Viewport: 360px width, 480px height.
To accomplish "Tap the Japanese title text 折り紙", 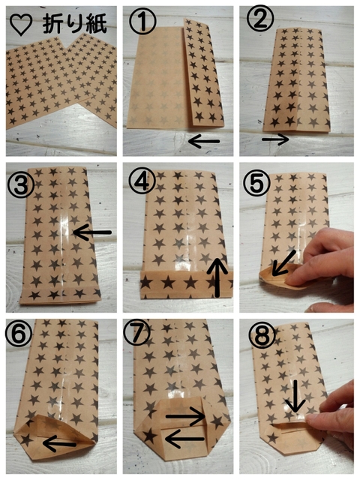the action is (75, 24).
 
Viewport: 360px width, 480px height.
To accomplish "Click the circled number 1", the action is (142, 21).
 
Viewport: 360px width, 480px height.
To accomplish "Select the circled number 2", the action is (260, 18).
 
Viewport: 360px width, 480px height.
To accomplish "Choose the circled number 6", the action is (18, 334).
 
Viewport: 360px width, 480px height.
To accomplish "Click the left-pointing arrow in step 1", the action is (204, 141).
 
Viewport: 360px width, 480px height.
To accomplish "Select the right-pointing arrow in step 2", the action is (275, 139).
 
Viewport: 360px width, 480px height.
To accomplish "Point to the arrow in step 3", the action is (92, 232).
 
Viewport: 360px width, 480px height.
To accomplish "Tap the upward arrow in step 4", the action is (217, 277).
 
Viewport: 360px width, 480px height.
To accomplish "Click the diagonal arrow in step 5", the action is (283, 262).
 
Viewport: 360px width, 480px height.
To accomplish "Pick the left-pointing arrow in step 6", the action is (60, 444).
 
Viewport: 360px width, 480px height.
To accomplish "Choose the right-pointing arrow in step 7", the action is (185, 415).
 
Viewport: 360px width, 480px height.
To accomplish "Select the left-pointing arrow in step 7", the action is (185, 439).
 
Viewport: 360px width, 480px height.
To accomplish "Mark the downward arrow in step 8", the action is (295, 396).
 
